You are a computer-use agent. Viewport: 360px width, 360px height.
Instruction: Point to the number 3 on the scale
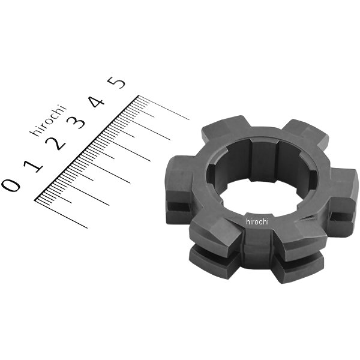coord(76,123)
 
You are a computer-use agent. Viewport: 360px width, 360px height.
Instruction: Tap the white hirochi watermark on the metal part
coord(258,221)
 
